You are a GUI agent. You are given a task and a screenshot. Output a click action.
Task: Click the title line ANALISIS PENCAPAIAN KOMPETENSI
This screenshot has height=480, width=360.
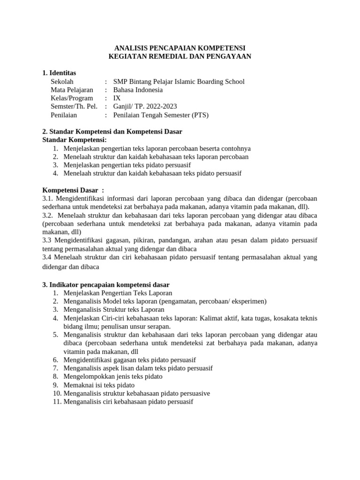tap(180, 48)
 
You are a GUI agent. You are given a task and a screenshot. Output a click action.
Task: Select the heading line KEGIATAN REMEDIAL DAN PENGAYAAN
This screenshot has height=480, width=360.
tap(180, 56)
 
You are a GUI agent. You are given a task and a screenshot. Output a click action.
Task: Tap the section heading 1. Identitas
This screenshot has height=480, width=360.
tap(59, 73)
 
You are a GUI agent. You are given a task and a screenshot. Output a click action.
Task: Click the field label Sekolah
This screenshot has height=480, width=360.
tap(62, 82)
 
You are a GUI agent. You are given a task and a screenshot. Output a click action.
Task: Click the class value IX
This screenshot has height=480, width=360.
tap(117, 98)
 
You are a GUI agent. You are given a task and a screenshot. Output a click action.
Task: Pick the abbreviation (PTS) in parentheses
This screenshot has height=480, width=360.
tap(201, 115)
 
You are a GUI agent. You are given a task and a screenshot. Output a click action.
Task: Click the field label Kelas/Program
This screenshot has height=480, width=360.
tap(72, 98)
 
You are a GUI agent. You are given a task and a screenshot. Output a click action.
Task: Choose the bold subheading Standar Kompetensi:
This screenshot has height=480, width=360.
tap(75, 140)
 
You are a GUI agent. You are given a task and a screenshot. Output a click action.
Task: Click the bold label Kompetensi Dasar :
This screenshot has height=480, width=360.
tap(73, 190)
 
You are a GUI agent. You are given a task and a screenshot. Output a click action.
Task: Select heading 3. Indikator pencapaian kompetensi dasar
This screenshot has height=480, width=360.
tap(106, 285)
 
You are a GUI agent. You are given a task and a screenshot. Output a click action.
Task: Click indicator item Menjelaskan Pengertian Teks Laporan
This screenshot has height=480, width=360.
tap(118, 293)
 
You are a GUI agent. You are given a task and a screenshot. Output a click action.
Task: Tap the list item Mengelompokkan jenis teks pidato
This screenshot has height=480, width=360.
tap(113, 376)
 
